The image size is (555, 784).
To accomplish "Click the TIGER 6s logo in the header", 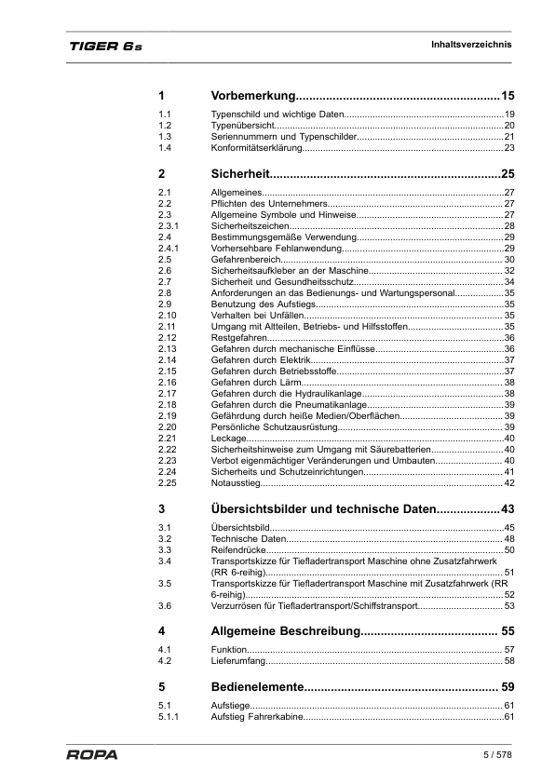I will (x=103, y=46).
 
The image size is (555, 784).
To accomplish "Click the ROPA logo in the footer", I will (x=91, y=754).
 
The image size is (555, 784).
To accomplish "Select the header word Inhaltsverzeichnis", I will (x=471, y=44).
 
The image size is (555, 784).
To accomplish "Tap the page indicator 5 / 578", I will (x=497, y=753).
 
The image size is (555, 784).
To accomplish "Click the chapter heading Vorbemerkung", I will (x=253, y=96).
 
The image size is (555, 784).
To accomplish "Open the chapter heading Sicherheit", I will (x=240, y=173).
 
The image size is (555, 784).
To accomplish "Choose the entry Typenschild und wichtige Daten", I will (x=278, y=114).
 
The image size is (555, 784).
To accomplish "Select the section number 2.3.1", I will (x=169, y=225).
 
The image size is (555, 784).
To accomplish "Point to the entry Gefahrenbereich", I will (x=246, y=259).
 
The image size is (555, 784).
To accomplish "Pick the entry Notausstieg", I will (x=235, y=482).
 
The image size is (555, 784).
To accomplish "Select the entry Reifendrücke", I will (x=239, y=550).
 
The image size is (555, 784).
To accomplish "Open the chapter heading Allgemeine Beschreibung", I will (x=285, y=631).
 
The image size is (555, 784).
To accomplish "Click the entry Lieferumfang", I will (x=238, y=661).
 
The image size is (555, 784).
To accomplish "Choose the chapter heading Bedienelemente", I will (x=257, y=687).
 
